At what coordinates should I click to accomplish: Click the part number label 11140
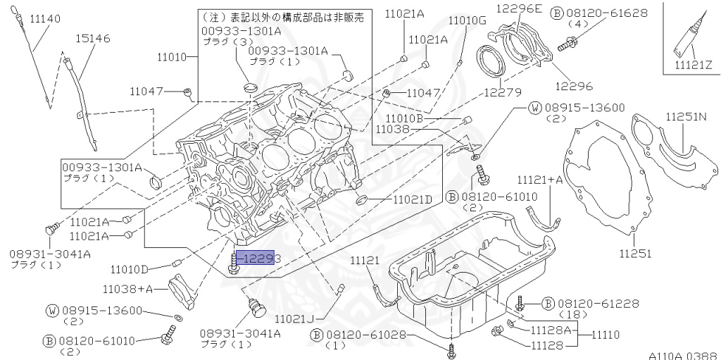pyautogui.click(x=42, y=18)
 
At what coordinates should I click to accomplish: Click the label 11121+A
pyautogui.click(x=540, y=180)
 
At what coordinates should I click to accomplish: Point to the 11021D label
pyautogui.click(x=412, y=199)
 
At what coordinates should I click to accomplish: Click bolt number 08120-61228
pyautogui.click(x=598, y=304)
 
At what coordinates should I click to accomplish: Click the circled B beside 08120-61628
pyautogui.click(x=575, y=12)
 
